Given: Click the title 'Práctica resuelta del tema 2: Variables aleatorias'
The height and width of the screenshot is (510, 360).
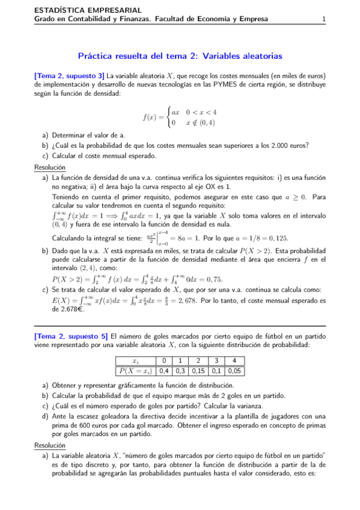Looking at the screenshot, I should [x=180, y=56].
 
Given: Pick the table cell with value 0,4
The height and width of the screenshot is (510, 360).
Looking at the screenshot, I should [x=163, y=370].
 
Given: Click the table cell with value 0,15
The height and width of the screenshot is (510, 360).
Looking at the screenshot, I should [x=197, y=370].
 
